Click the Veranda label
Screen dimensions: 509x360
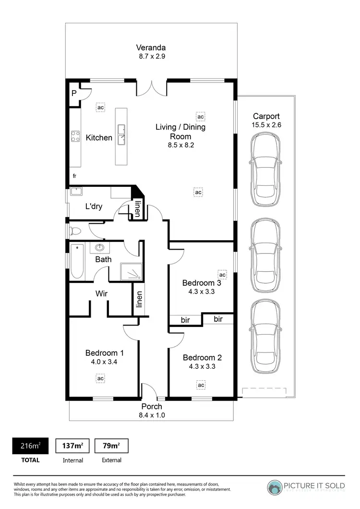tap(151, 48)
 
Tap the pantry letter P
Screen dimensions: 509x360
tap(74, 93)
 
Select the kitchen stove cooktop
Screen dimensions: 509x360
tap(75, 136)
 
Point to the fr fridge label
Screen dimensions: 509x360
tap(74, 176)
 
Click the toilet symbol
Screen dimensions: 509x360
tap(75, 231)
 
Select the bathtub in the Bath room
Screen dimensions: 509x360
tap(77, 262)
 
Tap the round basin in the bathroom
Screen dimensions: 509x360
tap(100, 248)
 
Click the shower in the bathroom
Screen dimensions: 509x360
tap(131, 271)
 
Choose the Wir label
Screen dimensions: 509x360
tap(101, 293)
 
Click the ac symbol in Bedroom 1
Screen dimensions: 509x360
tap(101, 378)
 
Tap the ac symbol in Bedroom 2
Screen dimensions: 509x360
tap(201, 385)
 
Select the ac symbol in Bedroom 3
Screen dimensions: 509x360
tap(222, 275)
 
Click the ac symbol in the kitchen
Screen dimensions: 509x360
tap(100, 108)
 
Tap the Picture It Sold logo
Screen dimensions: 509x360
tap(306, 486)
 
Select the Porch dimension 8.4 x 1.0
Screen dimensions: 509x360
tap(152, 415)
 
